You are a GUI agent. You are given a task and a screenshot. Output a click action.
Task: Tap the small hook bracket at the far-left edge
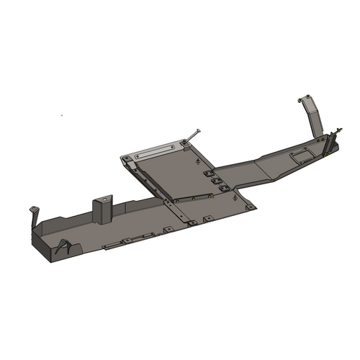tap(33, 214)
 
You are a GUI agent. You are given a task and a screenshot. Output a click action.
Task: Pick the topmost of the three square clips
tap(208, 174)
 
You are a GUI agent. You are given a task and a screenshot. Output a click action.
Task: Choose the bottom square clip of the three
tap(225, 188)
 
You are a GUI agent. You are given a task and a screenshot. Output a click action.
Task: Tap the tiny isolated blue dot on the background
tap(61, 115)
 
